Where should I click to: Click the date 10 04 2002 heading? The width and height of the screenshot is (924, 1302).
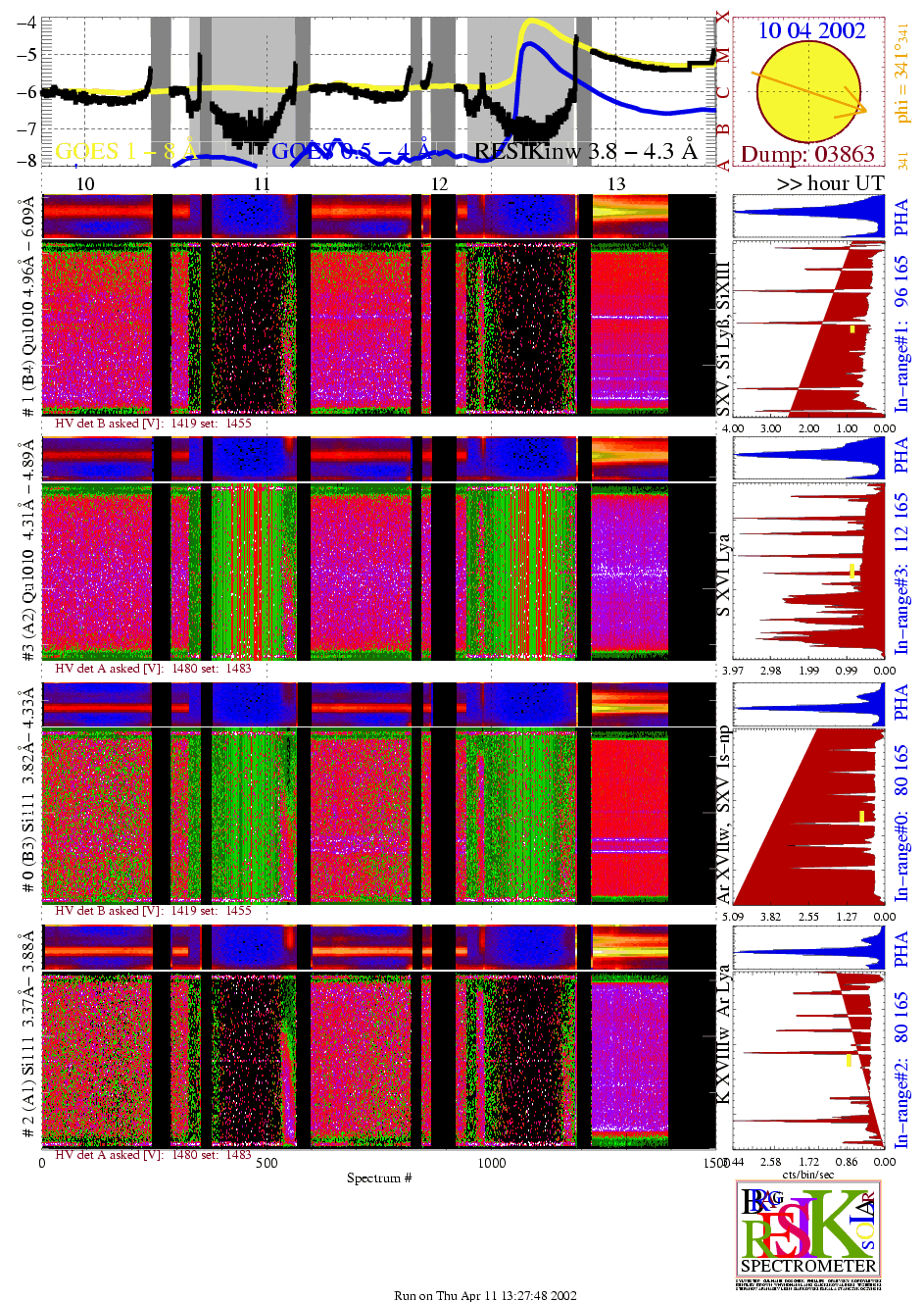(811, 30)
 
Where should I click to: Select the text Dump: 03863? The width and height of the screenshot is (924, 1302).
(807, 154)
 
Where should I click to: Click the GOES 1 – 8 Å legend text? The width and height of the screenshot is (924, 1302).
(125, 151)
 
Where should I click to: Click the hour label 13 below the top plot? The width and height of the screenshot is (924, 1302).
(616, 184)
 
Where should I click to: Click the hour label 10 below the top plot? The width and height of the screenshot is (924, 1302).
(85, 184)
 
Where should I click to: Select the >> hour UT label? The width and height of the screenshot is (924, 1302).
(830, 183)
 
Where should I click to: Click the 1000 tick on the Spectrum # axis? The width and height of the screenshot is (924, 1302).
(492, 1163)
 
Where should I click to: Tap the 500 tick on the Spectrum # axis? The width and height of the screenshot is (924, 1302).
(267, 1163)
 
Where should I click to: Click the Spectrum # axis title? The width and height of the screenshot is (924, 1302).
(379, 1177)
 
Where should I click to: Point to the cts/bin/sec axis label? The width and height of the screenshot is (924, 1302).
(808, 1174)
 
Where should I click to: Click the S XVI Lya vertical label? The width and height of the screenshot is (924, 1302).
(723, 576)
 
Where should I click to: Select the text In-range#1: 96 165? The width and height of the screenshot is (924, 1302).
(901, 333)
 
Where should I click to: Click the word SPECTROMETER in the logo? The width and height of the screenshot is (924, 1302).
(808, 1265)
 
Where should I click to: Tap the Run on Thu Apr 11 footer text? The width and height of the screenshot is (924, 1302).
(485, 1295)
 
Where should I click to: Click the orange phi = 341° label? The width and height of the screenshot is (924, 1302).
(902, 75)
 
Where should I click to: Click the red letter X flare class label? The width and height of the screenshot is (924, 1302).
(723, 17)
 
